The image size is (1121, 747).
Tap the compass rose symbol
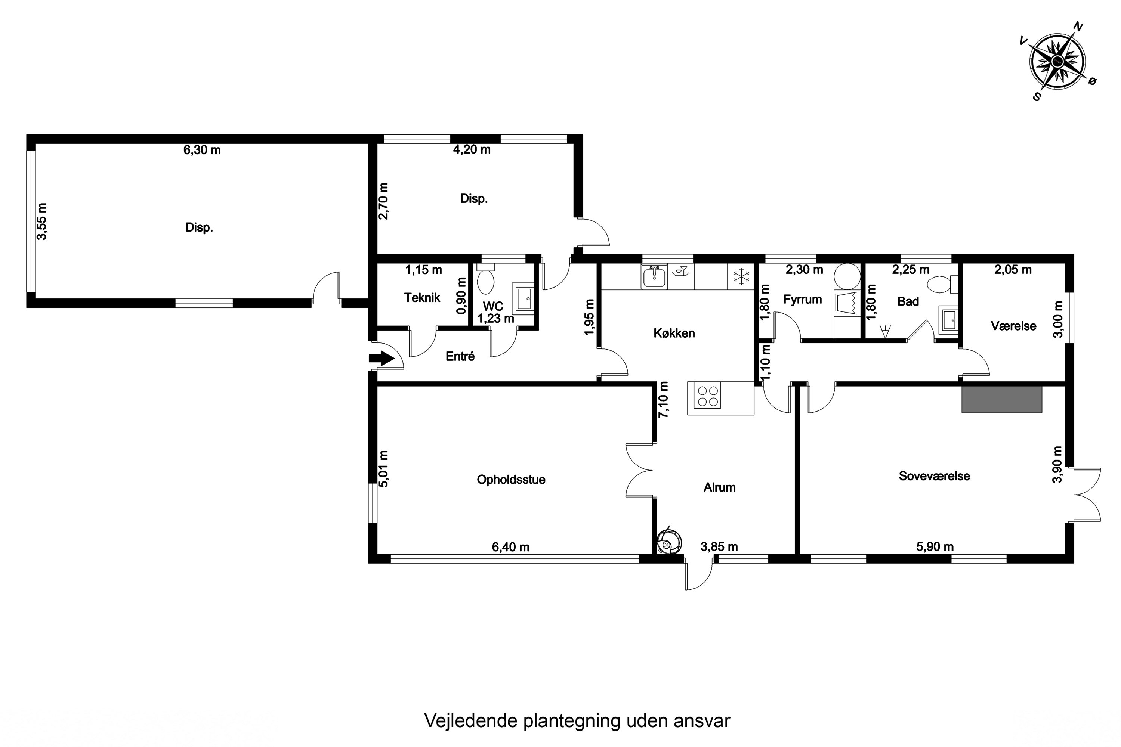(x=1057, y=62)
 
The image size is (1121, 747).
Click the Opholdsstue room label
(x=511, y=479)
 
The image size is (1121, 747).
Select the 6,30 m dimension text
(x=202, y=150)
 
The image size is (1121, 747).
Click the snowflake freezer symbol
(x=741, y=277)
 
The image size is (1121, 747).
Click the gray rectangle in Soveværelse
(x=1001, y=399)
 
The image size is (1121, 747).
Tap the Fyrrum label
(x=803, y=300)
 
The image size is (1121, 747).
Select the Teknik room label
(x=422, y=298)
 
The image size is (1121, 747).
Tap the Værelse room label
(x=1013, y=326)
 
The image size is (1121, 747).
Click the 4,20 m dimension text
(x=471, y=150)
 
